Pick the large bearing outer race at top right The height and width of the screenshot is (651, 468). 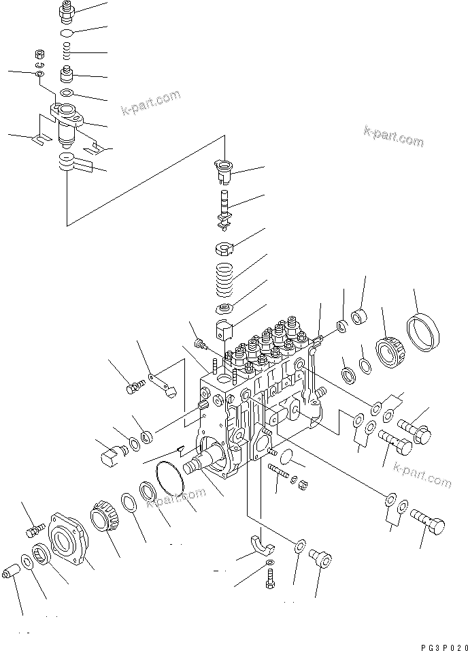point(424,333)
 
